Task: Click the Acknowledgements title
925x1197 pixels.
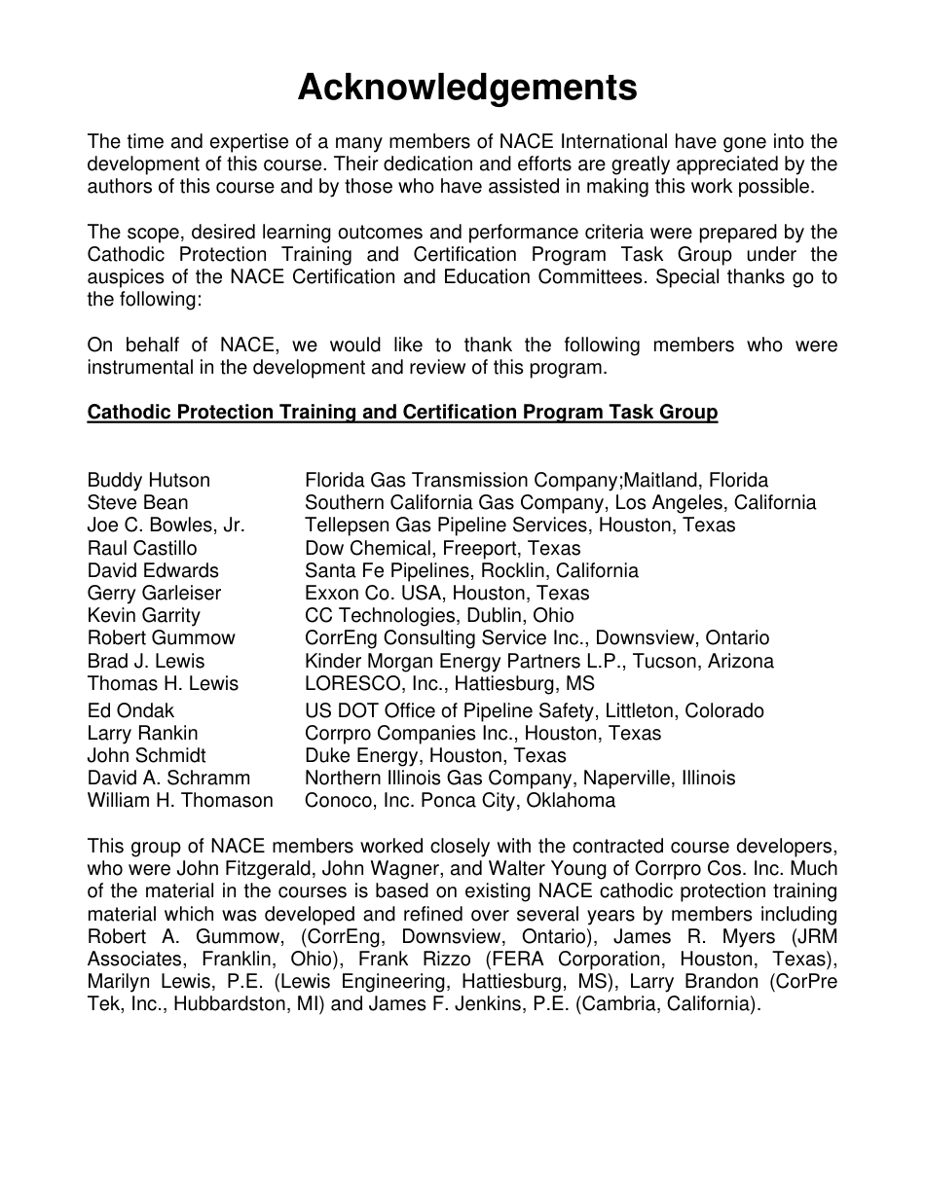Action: click(467, 88)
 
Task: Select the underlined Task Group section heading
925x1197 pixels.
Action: click(402, 412)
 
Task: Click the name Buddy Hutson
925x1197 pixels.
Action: click(148, 480)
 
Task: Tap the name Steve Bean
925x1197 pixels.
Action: click(137, 502)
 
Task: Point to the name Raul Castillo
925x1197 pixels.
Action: click(141, 548)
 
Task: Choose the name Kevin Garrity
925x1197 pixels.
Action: click(143, 615)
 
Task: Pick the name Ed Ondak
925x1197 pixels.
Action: click(130, 710)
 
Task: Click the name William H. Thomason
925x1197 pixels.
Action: click(180, 800)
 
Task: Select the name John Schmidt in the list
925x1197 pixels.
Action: click(146, 755)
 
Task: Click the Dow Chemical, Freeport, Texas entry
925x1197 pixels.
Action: click(442, 548)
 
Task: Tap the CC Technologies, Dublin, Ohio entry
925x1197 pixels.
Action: click(439, 615)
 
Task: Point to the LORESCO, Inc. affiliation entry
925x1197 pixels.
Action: click(449, 683)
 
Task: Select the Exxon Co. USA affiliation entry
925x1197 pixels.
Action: click(447, 593)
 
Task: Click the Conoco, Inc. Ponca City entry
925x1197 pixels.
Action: click(460, 800)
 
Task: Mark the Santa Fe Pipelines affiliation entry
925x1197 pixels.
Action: click(471, 570)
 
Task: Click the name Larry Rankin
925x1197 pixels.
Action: click(142, 733)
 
